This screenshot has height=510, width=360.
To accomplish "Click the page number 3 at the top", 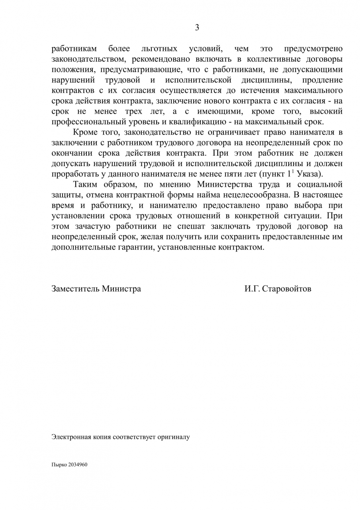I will pyautogui.click(x=197, y=27).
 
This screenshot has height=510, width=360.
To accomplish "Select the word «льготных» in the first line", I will pyautogui.click(x=159, y=49).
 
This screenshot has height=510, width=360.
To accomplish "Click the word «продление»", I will pyautogui.click(x=323, y=80).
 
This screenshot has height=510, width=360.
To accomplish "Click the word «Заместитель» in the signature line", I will pyautogui.click(x=75, y=288).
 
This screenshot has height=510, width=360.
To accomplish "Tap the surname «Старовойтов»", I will pyautogui.click(x=287, y=288).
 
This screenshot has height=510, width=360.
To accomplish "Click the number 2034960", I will pyautogui.click(x=78, y=465).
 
